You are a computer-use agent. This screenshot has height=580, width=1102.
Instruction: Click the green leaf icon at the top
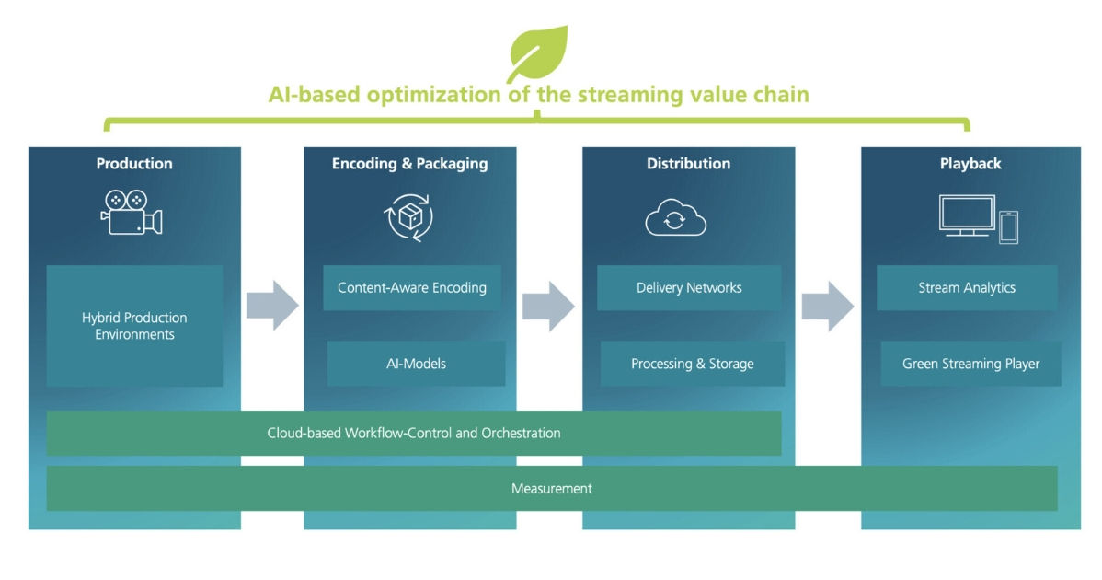(539, 53)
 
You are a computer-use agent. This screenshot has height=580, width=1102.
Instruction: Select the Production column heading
(134, 164)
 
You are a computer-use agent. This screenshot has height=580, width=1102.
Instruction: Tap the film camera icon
(132, 212)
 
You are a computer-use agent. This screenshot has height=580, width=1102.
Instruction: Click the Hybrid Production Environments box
(134, 326)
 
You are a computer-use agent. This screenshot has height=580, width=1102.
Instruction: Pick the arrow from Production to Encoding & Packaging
(272, 306)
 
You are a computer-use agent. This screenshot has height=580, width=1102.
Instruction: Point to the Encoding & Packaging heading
(409, 164)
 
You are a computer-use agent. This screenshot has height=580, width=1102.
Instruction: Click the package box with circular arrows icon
(408, 216)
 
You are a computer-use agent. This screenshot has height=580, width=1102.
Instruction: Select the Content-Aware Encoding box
(411, 287)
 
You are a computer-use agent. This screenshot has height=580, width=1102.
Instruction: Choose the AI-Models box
(416, 364)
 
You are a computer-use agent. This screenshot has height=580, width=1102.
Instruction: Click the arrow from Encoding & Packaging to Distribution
(548, 306)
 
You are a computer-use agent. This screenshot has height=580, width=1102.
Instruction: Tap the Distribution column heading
(688, 164)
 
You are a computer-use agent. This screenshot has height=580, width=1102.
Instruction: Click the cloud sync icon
(675, 218)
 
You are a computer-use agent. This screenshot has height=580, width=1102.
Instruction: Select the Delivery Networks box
(689, 287)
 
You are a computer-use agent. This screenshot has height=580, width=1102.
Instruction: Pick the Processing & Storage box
(692, 364)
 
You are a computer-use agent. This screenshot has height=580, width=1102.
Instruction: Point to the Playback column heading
(970, 164)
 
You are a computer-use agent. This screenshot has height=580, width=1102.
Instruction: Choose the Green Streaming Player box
(970, 364)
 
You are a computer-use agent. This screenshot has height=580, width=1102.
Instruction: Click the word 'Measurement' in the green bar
(552, 488)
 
